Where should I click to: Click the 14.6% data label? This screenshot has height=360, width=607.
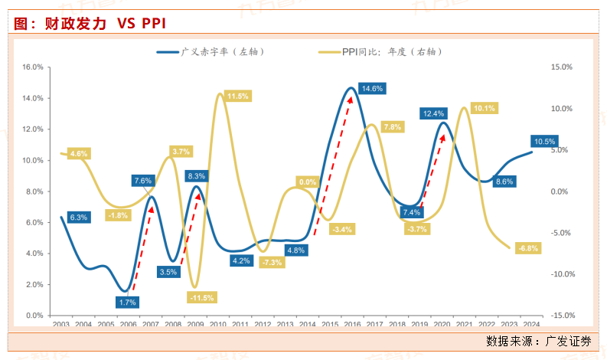coord(372,89)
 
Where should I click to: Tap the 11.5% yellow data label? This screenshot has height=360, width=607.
coord(238,97)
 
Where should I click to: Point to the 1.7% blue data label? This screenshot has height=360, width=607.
coord(127,302)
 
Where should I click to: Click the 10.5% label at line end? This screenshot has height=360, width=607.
coord(544,142)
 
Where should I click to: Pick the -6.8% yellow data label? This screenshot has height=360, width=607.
coord(528,248)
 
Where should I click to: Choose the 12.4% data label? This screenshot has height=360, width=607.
coord(433,114)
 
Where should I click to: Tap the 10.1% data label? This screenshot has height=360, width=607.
coord(484,108)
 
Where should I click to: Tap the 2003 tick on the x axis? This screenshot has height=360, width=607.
coord(61,324)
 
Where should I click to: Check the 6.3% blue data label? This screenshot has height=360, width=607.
coord(79,218)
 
